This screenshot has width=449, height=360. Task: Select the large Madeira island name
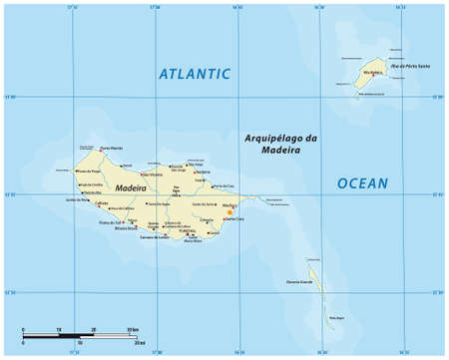click(x=131, y=187)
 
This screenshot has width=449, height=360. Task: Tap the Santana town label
click(x=203, y=172)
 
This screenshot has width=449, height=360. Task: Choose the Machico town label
click(x=230, y=204)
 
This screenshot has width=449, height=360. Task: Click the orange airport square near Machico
click(x=231, y=211)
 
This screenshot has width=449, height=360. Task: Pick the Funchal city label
click(x=187, y=230)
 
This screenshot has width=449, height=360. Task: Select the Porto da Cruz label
click(x=224, y=186)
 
